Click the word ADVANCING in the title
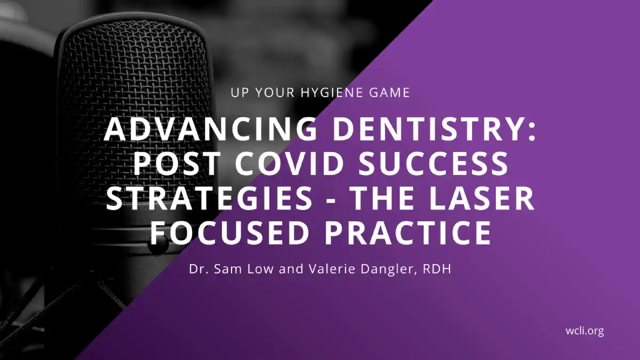pos(211,130)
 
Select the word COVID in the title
pos(290,163)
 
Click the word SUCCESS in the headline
pos(434,163)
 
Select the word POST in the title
pos(177,163)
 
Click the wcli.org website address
pos(585,331)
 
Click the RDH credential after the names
pos(437,269)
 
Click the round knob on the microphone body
pos(158,245)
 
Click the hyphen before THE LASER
pos(332,201)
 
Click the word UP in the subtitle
pos(239,93)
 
